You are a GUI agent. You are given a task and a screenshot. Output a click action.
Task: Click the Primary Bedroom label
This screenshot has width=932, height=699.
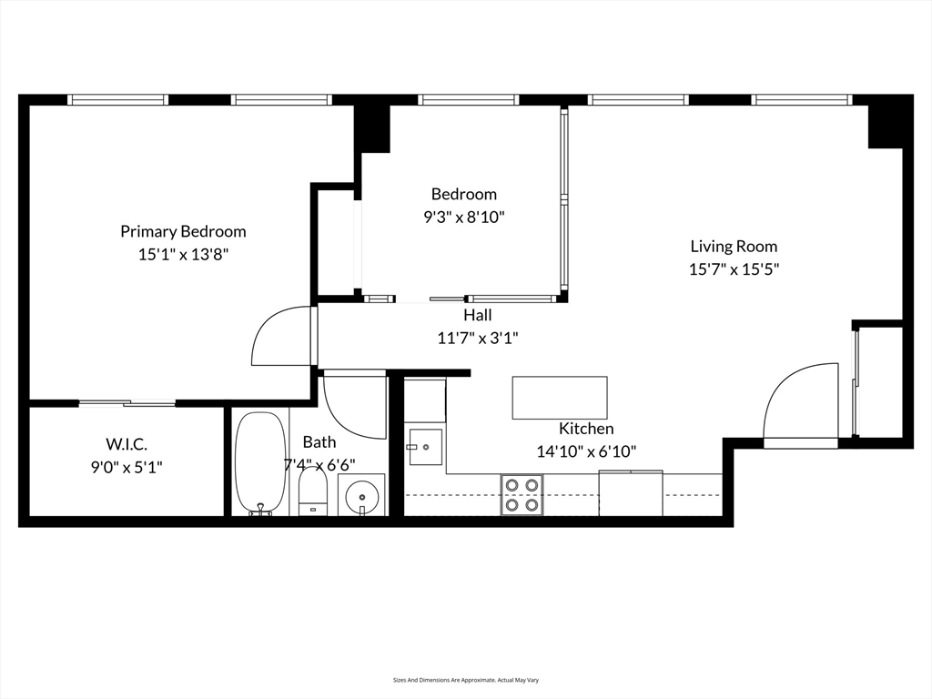183,231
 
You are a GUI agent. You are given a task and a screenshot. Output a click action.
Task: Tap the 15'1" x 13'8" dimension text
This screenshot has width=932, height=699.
183,255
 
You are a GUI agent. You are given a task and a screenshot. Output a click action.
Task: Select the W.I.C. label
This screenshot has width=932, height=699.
127,444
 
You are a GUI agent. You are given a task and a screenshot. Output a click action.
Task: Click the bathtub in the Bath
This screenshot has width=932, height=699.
260,462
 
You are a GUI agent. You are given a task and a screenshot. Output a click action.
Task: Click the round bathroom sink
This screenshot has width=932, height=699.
361,497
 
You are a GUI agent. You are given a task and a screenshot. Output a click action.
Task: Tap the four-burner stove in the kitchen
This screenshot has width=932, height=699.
522,494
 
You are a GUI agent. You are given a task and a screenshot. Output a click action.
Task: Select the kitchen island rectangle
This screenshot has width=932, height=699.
559,398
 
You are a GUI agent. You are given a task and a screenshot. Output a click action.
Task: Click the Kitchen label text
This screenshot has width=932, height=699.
586,429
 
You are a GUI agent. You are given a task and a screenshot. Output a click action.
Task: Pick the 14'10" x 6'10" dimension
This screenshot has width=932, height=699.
586,451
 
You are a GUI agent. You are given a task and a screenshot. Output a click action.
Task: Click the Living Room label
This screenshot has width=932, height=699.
734,246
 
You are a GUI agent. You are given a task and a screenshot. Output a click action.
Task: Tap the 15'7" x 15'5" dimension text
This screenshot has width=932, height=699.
734,269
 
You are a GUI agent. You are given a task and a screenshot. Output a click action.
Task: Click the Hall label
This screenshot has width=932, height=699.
478,315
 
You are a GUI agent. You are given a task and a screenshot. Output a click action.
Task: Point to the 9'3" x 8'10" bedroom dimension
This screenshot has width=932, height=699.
464,218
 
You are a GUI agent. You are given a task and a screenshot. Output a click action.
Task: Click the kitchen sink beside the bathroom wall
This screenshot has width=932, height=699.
425,447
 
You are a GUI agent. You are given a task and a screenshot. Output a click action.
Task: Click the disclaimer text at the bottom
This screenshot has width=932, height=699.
466,680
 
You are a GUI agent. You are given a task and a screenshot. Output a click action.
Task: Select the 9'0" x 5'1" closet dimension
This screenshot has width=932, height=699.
127,467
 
